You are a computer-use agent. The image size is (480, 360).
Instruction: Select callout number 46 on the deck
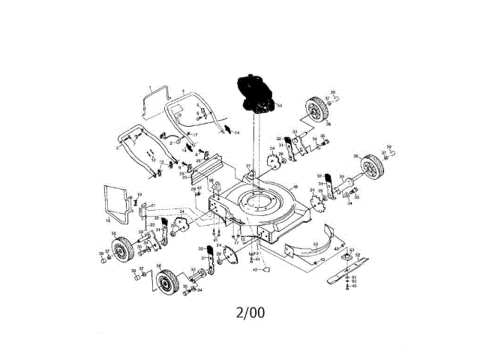coord(295,187)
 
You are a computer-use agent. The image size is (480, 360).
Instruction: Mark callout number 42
coord(254,268)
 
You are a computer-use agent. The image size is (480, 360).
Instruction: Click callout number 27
coord(248,165)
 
